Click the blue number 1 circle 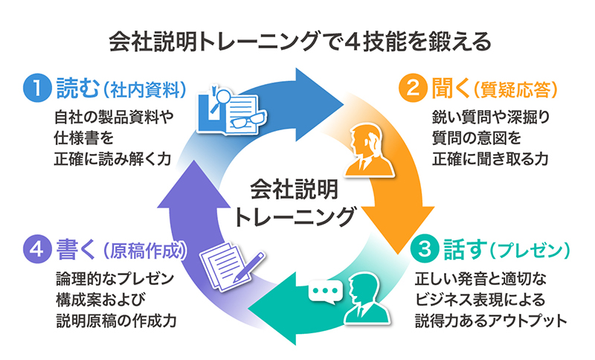35,89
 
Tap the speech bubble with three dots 324,289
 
